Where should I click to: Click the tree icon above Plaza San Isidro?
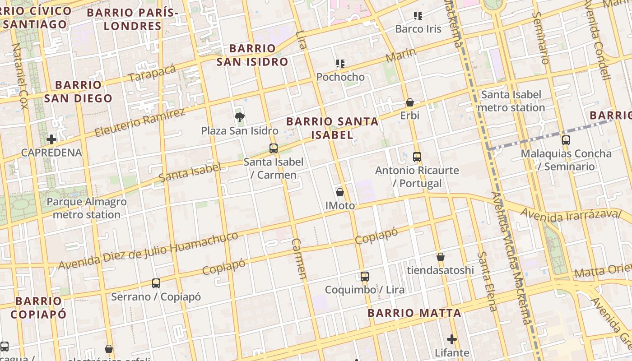click(239, 118)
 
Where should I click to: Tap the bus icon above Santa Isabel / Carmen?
click(273, 148)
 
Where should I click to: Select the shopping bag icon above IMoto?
click(340, 192)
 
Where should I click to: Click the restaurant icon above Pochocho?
click(340, 64)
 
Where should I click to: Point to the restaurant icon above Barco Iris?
click(418, 16)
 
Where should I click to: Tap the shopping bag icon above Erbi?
click(410, 102)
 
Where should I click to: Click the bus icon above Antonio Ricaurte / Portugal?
click(417, 157)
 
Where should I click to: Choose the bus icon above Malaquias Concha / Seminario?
click(566, 140)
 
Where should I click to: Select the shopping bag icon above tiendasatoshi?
click(441, 257)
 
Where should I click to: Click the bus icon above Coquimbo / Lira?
click(364, 276)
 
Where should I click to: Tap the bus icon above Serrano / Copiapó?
click(156, 283)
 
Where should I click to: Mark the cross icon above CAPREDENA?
click(51, 139)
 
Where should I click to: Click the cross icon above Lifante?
click(452, 339)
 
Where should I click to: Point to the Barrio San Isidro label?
click(252, 55)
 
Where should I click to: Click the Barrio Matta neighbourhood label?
click(414, 313)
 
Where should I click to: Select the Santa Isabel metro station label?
click(511, 101)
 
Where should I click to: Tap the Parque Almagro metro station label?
click(87, 208)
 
